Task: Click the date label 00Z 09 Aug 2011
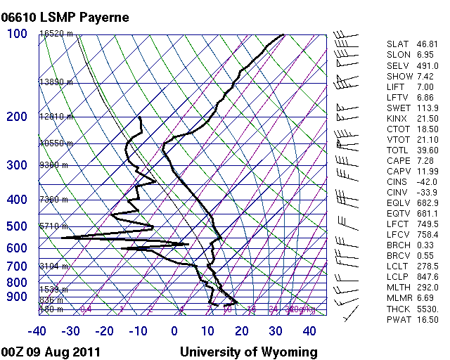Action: (x=51, y=352)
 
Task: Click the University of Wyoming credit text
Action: (x=248, y=352)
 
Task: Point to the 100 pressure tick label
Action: (x=17, y=34)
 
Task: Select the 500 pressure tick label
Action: (x=17, y=226)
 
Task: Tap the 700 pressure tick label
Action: (x=17, y=266)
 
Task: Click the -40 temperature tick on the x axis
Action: (x=37, y=331)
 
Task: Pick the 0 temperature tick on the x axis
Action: (x=174, y=331)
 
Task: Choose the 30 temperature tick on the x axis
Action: (x=276, y=331)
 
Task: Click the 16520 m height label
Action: (x=56, y=34)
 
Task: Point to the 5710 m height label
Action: (x=53, y=226)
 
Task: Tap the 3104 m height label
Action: (x=53, y=266)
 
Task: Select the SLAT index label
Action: (x=397, y=44)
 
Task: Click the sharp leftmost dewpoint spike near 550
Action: (x=63, y=238)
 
